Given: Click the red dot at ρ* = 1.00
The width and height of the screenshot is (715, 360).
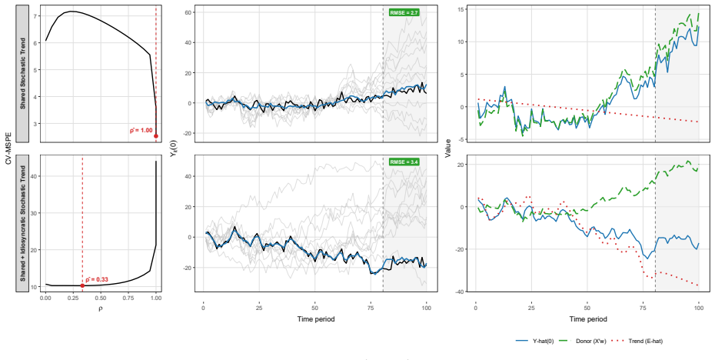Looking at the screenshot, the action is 156,136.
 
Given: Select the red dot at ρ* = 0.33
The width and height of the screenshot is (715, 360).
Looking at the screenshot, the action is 82,285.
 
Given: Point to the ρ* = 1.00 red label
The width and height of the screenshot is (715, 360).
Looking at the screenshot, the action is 141,131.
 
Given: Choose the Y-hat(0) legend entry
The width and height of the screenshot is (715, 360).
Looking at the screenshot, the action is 534,341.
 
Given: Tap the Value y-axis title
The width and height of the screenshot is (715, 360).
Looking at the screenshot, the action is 449,148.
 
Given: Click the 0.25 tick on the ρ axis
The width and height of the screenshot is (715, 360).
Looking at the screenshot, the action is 73,298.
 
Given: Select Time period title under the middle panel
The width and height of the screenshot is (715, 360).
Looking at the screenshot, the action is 315,319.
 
